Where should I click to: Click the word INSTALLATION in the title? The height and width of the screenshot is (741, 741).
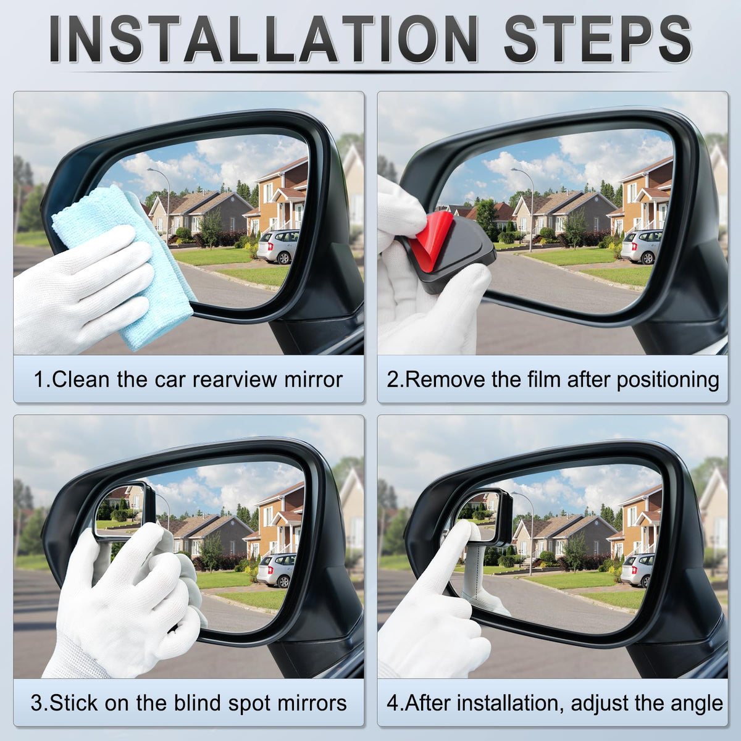[263, 40]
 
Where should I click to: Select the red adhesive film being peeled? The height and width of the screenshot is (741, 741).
[430, 238]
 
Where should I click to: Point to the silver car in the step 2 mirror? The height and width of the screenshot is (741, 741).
[642, 246]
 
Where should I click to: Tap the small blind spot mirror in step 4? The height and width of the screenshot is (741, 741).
[484, 516]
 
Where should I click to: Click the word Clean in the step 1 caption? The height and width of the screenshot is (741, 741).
[80, 379]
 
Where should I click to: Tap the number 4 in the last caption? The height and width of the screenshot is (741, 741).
[393, 703]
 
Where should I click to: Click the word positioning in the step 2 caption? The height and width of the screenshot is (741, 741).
[668, 380]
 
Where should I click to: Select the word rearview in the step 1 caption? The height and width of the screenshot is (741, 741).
[235, 380]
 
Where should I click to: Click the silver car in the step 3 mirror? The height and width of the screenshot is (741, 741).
[277, 571]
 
